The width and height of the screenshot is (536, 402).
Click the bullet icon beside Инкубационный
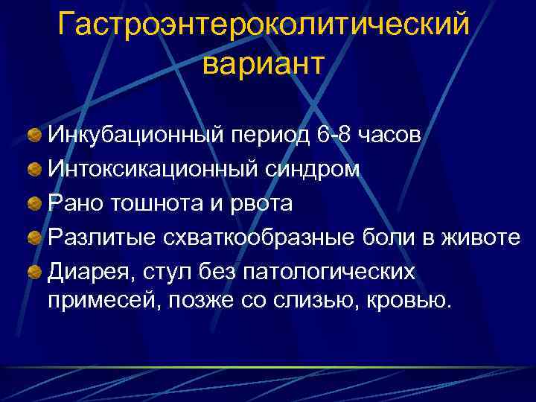pos(34,136)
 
